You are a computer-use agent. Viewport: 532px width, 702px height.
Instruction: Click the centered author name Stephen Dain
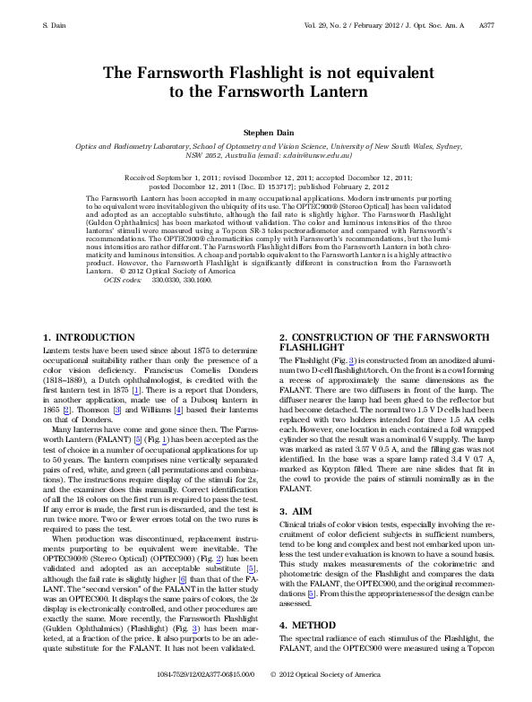(x=265, y=131)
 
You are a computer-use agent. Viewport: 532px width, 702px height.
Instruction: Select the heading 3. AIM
(x=295, y=510)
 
